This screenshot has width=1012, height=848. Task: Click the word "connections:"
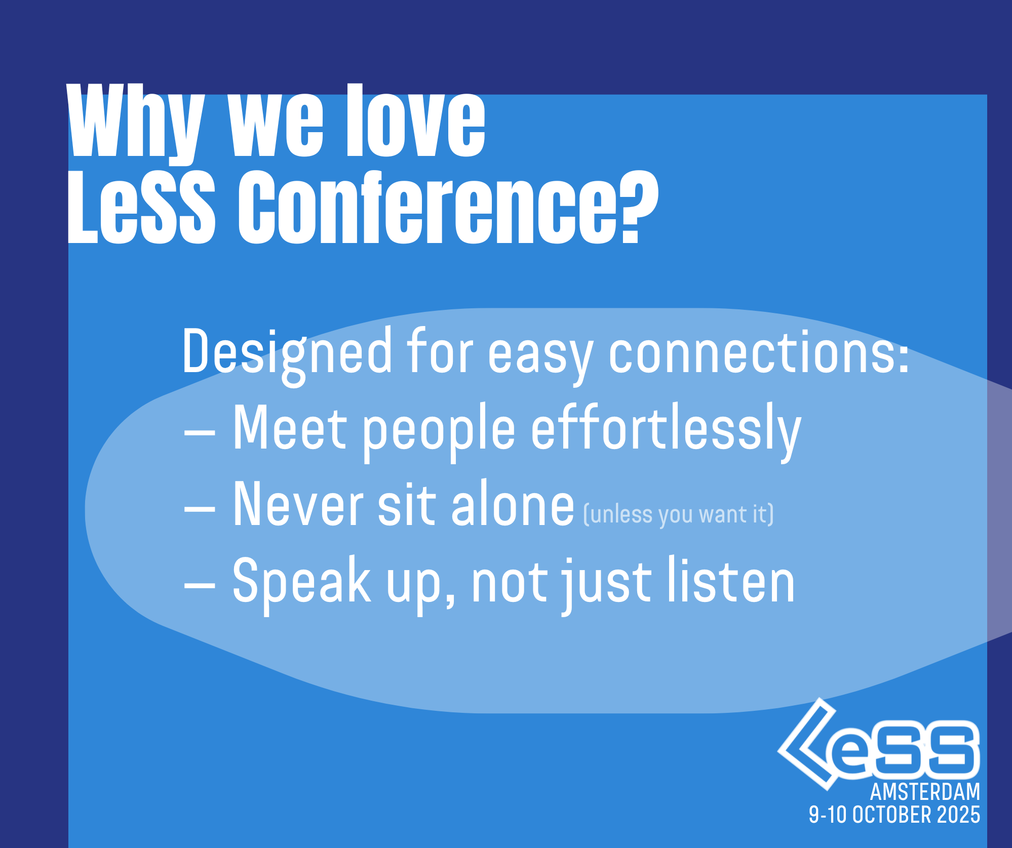click(x=759, y=351)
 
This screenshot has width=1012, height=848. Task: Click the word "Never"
click(x=298, y=503)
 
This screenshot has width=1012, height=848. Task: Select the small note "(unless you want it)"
click(x=679, y=515)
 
